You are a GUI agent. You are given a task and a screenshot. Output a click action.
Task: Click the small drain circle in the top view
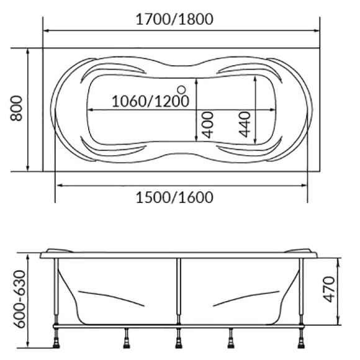pos(182,89)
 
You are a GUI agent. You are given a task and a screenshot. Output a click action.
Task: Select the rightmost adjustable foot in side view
pos(303,338)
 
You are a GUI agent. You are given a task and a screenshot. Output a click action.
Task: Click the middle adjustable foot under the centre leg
pos(179,338)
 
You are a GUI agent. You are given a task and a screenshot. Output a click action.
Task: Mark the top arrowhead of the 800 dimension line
pos(28,52)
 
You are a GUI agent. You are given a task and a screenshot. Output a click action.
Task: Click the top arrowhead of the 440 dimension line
pos(255,79)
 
